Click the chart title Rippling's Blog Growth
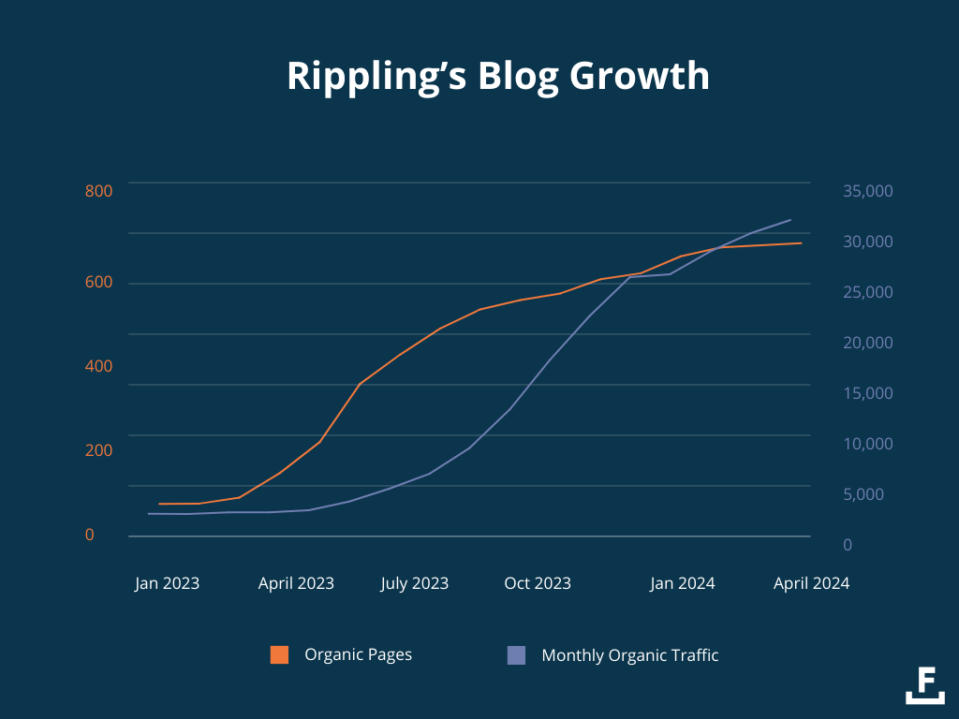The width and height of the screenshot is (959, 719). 498,77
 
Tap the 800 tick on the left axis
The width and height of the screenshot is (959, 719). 98,191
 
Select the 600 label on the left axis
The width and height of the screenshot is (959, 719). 98,283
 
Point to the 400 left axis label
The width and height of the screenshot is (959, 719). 98,366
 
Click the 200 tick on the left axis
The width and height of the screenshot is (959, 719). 98,450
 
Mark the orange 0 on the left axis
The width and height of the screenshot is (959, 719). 90,535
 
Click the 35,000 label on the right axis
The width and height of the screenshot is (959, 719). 868,191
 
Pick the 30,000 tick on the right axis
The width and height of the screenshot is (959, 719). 868,242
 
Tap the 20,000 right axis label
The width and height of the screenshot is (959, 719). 868,343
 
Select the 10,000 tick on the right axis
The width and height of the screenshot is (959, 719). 868,444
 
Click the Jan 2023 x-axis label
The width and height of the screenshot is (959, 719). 167,583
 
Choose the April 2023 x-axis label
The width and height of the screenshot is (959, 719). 296,583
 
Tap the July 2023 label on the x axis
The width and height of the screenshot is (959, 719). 414,583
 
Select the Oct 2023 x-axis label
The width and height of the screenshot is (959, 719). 538,583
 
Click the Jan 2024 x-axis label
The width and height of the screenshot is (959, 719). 683,583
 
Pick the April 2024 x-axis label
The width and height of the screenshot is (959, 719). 811,583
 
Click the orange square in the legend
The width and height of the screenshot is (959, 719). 279,655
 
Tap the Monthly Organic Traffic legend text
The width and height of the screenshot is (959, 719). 630,655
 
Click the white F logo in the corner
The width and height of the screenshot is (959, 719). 925,684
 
